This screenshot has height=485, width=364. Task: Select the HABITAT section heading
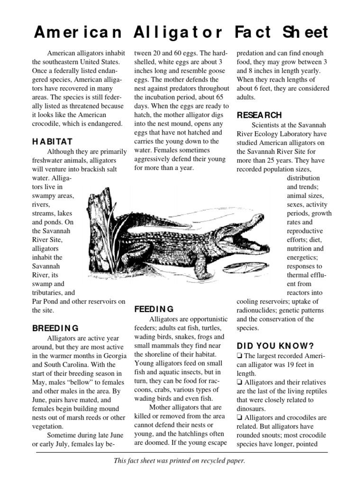coord(52,141)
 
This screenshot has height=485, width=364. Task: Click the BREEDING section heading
coord(55,328)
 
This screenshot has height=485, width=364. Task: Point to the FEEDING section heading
coord(154,309)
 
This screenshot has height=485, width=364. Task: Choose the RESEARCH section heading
coord(259,115)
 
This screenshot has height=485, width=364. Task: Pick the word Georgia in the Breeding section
coord(115,356)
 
